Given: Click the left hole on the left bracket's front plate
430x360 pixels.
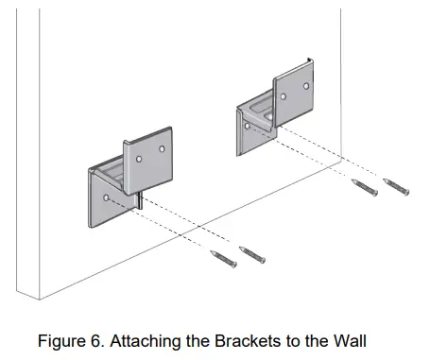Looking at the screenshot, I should coord(139,160).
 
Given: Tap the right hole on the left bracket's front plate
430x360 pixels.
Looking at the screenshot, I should coord(163,148).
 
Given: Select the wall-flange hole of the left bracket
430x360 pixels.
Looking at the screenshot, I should coord(106,198).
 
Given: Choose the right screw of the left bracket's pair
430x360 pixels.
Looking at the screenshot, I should coord(252,255).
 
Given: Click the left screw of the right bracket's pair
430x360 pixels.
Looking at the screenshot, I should coord(364,188).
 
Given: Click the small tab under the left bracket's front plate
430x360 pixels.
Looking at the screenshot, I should coord(139,199).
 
